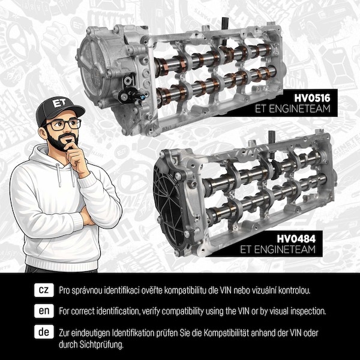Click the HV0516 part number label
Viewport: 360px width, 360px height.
[312, 98]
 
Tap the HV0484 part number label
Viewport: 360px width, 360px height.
[296, 239]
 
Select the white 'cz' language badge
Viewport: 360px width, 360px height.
[44, 290]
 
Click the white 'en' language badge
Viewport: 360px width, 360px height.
[44, 311]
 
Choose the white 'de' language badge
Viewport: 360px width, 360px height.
[44, 332]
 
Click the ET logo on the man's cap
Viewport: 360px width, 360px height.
[59, 103]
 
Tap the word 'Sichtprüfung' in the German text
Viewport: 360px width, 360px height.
[101, 344]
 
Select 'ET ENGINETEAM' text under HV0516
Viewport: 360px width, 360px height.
[293, 109]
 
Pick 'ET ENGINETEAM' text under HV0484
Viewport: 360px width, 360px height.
[278, 250]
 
